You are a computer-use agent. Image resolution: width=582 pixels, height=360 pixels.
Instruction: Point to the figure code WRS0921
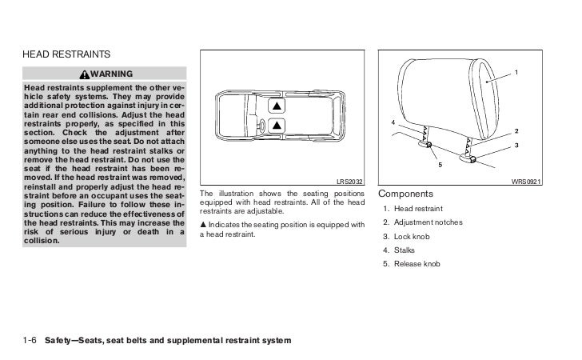(x=528, y=182)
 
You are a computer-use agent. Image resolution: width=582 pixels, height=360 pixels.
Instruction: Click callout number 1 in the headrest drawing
(x=516, y=74)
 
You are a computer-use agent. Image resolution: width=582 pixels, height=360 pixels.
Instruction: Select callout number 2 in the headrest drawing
(x=516, y=130)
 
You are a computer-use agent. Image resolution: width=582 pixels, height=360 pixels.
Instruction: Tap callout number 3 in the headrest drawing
(x=516, y=145)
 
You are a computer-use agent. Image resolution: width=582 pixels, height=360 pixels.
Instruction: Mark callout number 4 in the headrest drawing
(x=393, y=122)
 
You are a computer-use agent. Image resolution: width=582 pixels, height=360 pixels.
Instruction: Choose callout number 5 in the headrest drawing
(x=439, y=166)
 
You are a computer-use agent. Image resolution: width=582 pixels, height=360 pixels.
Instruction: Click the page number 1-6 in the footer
(x=30, y=341)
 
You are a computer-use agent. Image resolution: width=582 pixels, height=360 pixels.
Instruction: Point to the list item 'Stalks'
(x=404, y=250)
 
